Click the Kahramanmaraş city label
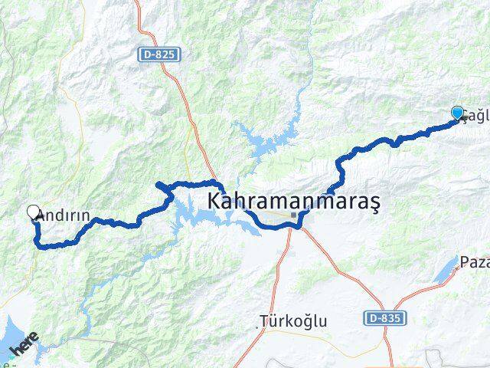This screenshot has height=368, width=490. [295, 202]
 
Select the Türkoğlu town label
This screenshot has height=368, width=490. [293, 320]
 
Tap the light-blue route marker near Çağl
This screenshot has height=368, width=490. [458, 113]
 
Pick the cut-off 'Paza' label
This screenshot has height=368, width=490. [475, 263]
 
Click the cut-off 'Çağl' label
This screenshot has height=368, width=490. [475, 116]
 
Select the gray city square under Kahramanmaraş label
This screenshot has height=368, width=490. [293, 216]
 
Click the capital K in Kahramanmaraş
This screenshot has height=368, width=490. [215, 202]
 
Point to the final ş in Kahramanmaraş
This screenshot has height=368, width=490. [376, 204]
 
